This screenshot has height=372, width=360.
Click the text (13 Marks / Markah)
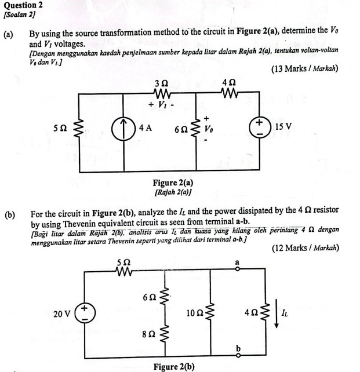click(304, 69)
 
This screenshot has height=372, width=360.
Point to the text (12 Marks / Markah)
click(304, 249)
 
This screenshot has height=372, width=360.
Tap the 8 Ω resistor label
click(150, 334)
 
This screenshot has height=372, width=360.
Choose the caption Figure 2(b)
click(173, 366)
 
